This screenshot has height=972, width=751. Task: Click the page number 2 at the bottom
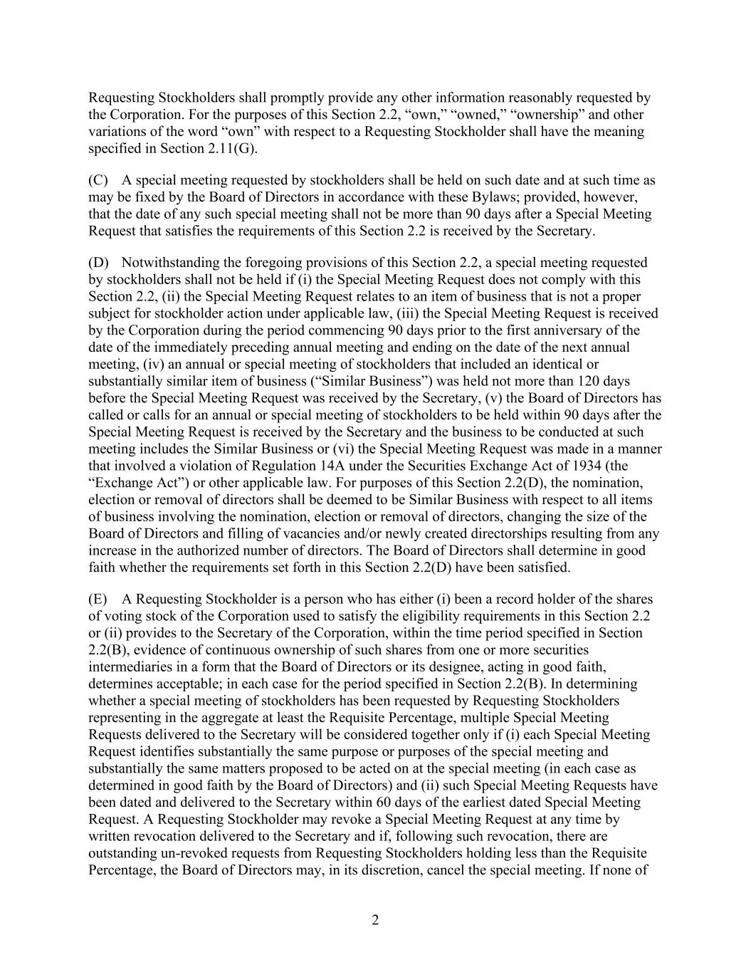click(375, 920)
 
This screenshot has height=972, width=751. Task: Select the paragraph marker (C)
click(98, 180)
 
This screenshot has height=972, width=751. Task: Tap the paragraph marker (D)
click(98, 263)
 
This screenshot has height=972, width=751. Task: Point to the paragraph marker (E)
click(98, 599)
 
